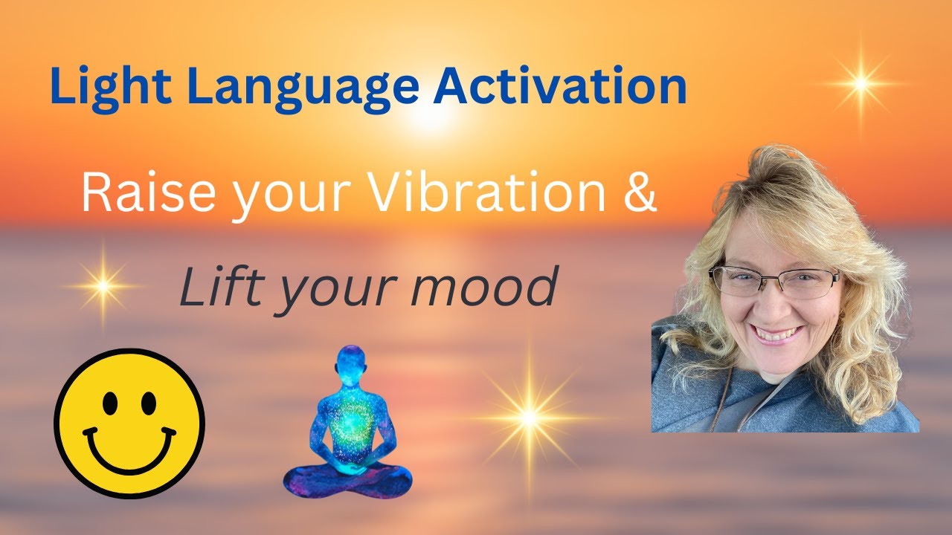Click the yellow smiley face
click(129, 424)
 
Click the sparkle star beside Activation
click(861, 84)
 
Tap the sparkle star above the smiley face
click(103, 285)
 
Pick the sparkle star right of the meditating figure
click(530, 418)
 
